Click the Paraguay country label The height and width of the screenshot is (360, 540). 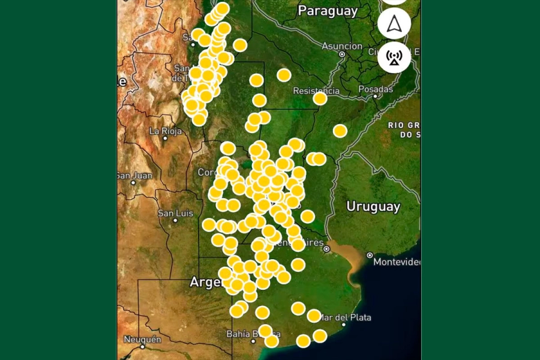(x=328, y=11)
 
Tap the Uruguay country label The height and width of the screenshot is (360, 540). (x=373, y=207)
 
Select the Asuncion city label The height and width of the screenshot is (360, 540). (x=342, y=46)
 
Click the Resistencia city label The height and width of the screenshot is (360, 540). (x=316, y=91)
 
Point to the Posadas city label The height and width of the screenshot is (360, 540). (x=375, y=89)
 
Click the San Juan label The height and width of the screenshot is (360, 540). (x=134, y=176)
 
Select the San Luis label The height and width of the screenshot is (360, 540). (x=175, y=213)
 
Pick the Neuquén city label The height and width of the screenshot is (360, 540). (x=142, y=339)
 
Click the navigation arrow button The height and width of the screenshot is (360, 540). (x=394, y=23)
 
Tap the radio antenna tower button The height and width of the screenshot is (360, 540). (x=394, y=57)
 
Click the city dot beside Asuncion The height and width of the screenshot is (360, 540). (x=342, y=54)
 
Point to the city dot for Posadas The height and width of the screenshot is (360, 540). (x=375, y=96)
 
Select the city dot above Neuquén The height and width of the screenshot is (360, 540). (x=142, y=346)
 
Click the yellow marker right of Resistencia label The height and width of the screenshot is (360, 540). (x=320, y=98)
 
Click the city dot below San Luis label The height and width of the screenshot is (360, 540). (x=175, y=220)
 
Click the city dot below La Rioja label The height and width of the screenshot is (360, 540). (x=166, y=138)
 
